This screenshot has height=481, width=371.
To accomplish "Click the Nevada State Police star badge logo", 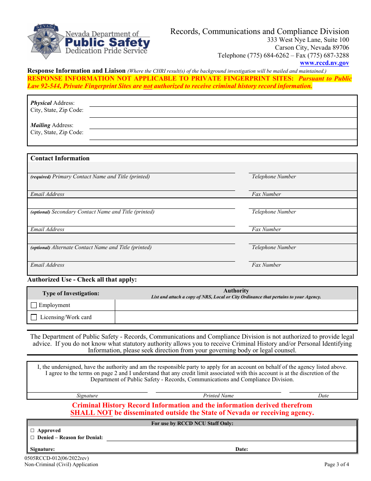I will click(x=43, y=41).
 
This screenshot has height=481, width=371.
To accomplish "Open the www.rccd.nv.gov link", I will click(x=324, y=63).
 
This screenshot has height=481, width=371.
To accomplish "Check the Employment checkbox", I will click(x=34, y=305).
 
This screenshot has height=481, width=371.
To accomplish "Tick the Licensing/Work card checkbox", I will click(x=34, y=317).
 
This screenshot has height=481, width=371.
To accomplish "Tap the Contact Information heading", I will click(x=60, y=158).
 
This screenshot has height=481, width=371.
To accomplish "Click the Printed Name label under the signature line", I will click(x=218, y=396).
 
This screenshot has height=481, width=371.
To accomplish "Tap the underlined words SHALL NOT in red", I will click(x=91, y=413).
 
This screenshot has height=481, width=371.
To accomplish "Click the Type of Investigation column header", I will click(x=71, y=294).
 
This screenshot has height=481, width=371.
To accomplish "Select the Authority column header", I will click(x=236, y=291).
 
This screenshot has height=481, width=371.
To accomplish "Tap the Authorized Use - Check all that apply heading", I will click(x=82, y=280).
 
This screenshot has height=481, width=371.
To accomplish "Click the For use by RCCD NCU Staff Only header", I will click(x=192, y=424).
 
